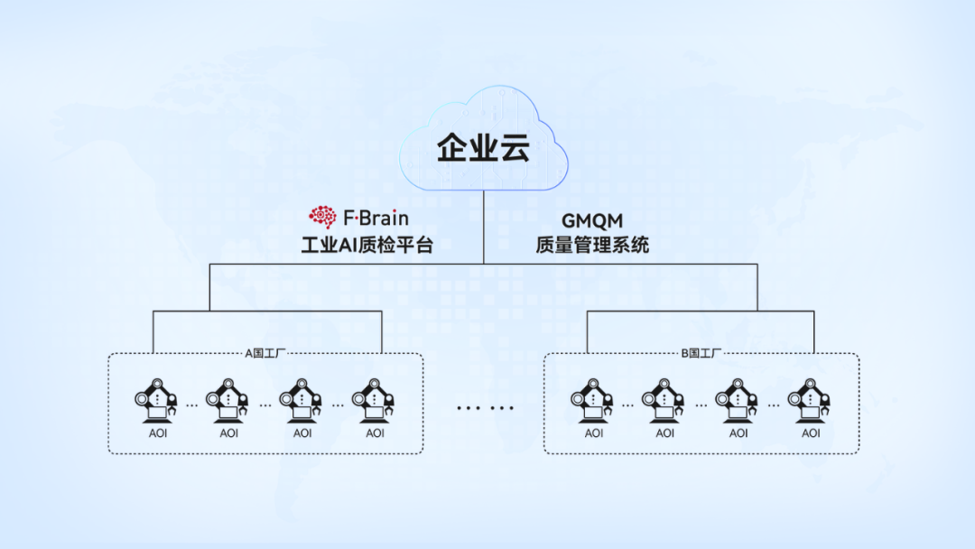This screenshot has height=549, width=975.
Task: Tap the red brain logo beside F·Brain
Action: click(x=322, y=217)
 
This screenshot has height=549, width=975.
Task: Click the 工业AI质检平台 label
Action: click(x=367, y=244)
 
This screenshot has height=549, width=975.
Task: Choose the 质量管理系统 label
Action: click(x=592, y=244)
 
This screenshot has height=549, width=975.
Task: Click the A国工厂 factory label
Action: click(x=266, y=353)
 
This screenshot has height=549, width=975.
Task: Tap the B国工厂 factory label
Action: click(x=701, y=353)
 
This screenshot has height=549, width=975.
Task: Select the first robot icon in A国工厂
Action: click(x=156, y=401)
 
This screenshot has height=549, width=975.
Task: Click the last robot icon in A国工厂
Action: click(x=374, y=401)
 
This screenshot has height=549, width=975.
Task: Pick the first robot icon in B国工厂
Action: click(x=592, y=401)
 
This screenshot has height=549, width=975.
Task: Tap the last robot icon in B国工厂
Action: click(x=810, y=401)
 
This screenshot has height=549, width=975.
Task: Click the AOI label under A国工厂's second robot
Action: click(x=229, y=433)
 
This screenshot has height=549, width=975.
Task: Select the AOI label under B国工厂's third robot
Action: click(x=738, y=433)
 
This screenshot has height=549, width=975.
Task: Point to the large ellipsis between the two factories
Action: click(x=484, y=407)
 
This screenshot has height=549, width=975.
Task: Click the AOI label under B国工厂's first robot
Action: click(x=593, y=433)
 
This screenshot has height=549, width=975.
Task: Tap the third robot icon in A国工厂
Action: click(x=302, y=401)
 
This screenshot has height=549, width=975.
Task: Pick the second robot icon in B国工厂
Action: click(x=664, y=401)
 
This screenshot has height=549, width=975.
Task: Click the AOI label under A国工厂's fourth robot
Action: click(x=375, y=433)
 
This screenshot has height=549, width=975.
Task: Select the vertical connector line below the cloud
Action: click(x=483, y=226)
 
